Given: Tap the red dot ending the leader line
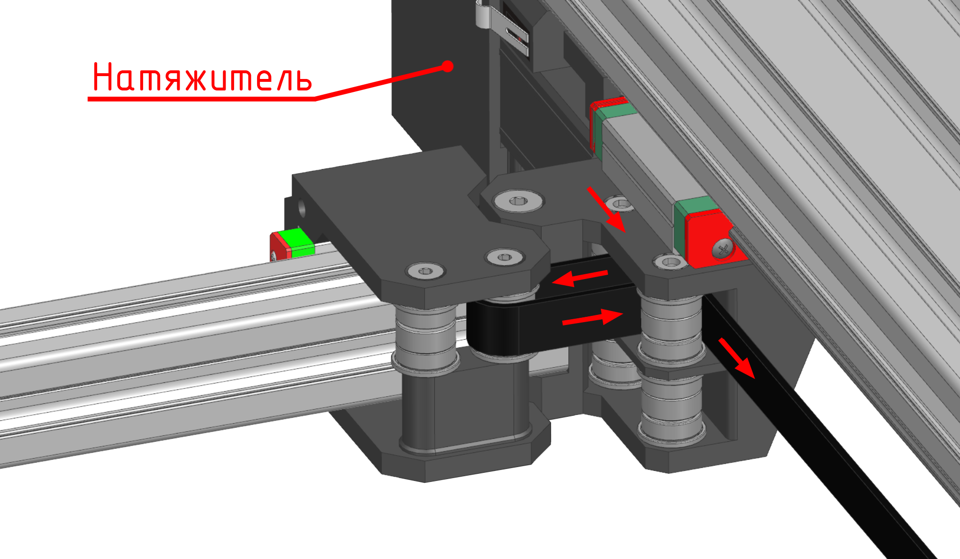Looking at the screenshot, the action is [x=448, y=66].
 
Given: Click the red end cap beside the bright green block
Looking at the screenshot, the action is [x=279, y=246].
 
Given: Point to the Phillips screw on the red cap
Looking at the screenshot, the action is [x=723, y=248].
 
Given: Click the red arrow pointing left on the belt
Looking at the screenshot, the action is [x=580, y=278].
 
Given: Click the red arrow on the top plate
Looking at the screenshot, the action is [x=607, y=209].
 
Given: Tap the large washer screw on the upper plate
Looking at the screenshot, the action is [x=519, y=200].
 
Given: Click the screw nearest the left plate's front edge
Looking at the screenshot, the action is [x=426, y=271].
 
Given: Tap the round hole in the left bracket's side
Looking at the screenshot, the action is [x=302, y=207].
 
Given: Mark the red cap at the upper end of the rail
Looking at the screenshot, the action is [x=607, y=120].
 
